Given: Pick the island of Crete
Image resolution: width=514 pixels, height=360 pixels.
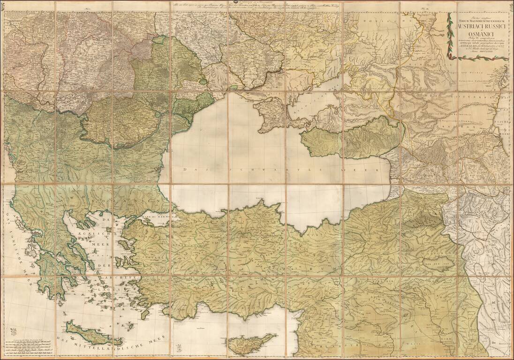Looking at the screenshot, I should click(x=91, y=333).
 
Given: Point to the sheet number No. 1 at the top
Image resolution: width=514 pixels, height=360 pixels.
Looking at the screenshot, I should click(x=87, y=9).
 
